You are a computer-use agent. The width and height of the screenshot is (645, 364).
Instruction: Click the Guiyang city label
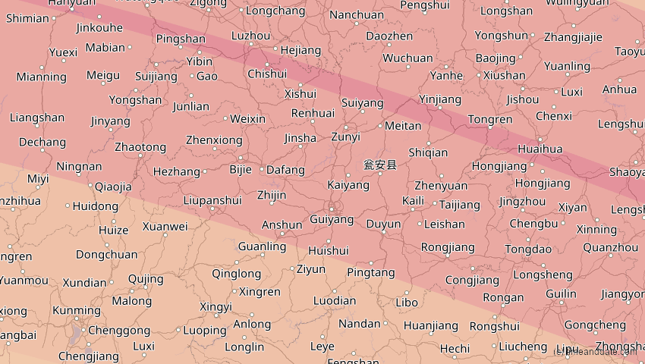click(332, 220)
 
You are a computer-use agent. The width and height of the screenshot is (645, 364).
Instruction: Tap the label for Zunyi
click(345, 137)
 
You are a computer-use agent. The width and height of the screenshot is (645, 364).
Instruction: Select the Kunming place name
click(77, 310)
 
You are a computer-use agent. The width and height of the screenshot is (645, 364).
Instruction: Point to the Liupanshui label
click(212, 201)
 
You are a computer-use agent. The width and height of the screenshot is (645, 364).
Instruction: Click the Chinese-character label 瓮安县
click(379, 165)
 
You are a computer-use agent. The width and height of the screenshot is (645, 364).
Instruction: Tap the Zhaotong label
click(140, 147)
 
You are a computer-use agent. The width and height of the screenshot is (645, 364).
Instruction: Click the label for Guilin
click(561, 294)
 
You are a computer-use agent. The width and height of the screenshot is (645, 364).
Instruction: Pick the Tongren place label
click(490, 120)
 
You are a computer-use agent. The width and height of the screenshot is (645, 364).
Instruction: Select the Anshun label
click(282, 225)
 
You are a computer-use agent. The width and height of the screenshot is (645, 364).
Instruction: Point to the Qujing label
click(146, 279)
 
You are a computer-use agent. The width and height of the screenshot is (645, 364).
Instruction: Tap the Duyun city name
click(383, 224)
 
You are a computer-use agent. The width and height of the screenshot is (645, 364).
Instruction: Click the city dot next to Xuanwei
click(165, 235)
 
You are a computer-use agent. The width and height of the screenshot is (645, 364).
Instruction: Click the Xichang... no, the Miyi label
click(37, 179)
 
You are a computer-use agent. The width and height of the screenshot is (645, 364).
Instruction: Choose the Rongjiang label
click(448, 247)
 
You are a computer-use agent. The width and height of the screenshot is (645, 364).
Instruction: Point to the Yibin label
click(199, 61)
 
